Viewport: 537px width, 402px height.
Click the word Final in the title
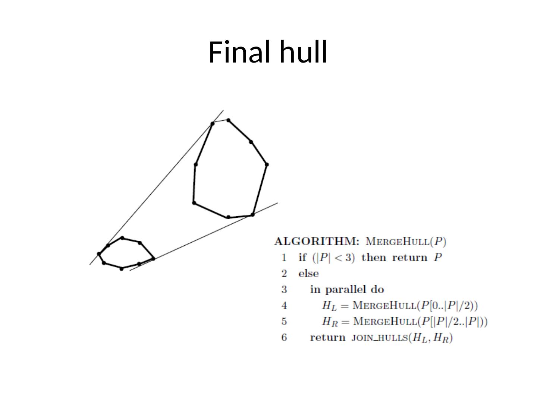(x=241, y=52)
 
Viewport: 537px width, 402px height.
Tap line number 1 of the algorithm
(x=284, y=258)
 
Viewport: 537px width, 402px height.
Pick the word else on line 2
(x=308, y=274)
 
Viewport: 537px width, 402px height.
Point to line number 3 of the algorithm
(x=284, y=290)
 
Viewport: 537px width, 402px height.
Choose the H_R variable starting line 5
(x=329, y=322)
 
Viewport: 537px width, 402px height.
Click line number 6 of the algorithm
(x=284, y=338)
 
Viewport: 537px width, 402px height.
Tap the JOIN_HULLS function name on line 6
(x=379, y=338)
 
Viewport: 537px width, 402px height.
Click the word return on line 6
(x=328, y=338)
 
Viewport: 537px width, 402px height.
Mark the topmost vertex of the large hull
(x=228, y=120)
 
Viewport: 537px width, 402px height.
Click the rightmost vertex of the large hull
(x=267, y=164)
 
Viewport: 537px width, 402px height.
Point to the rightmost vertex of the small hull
(x=153, y=259)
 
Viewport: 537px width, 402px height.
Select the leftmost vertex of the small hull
(x=99, y=254)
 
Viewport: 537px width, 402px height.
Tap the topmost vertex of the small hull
(x=122, y=238)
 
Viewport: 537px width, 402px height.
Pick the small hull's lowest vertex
(x=121, y=268)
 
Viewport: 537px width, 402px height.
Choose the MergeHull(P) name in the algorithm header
(x=406, y=242)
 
